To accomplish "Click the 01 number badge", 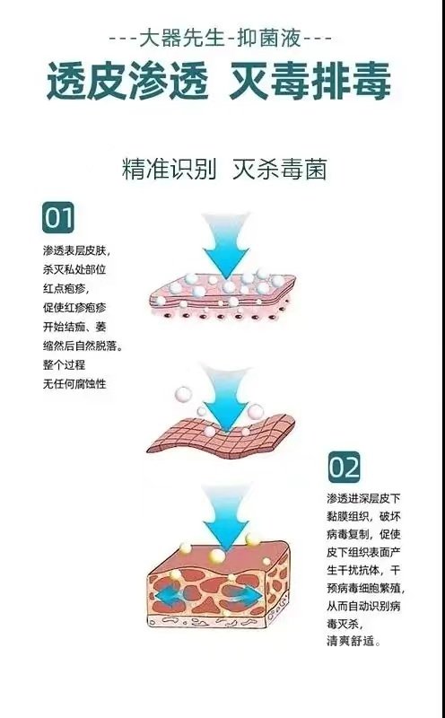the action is coord(58,217).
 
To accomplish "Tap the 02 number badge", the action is coord(345,467).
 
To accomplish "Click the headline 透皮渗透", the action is coord(127,81).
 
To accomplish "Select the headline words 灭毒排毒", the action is coord(310,81).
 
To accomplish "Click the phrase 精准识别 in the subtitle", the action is coord(169,170).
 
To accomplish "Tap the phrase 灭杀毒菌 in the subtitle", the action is coord(280,170).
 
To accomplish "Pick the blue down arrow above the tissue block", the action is coord(226,519).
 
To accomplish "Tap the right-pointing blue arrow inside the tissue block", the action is coord(248,594).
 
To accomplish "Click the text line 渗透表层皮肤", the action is coord(77,250).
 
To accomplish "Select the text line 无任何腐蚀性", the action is coord(74,384).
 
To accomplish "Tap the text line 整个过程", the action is coord(64,365).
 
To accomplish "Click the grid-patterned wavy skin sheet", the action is coord(221,433).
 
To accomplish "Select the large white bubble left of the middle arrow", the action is coord(183,394).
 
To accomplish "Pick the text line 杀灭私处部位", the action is coord(74,269).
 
